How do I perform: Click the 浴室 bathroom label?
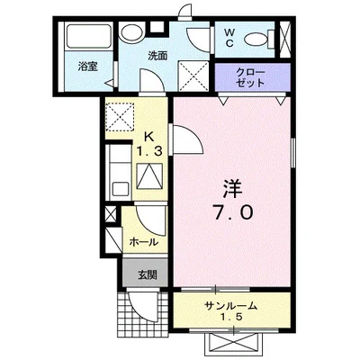(87, 66)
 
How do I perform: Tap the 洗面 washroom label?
(158, 55)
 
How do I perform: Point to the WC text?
(229, 39)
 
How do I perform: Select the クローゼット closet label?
(250, 76)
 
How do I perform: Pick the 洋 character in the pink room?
(232, 189)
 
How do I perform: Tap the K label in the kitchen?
(150, 137)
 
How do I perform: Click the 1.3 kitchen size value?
(149, 150)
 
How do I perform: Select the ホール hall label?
(144, 241)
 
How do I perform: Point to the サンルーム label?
(232, 306)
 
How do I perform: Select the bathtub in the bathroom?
(88, 38)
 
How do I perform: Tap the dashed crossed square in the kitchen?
(120, 116)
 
